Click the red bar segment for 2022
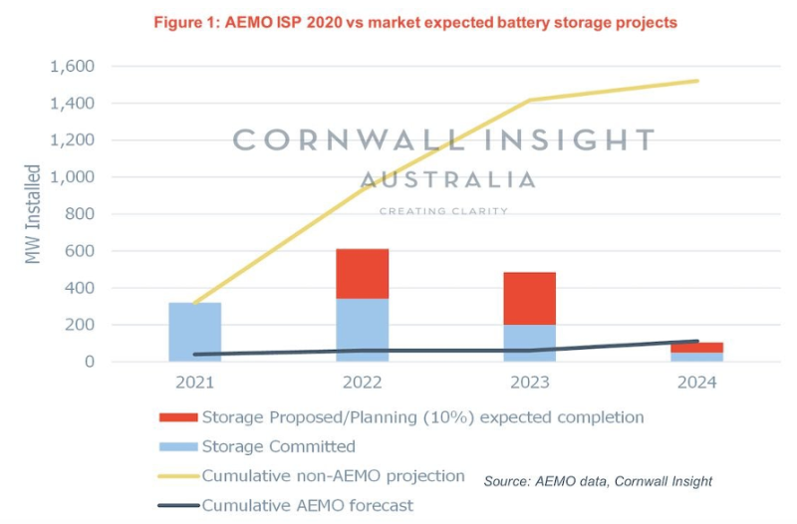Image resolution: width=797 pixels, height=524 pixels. click(x=362, y=274)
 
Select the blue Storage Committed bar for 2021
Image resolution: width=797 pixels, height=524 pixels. click(x=195, y=332)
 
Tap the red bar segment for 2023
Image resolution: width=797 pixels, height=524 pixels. click(x=529, y=298)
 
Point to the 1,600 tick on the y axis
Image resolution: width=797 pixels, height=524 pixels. click(x=74, y=67)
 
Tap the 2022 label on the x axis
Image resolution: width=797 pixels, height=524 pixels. click(x=363, y=383)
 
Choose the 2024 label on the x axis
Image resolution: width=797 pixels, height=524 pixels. click(x=696, y=383)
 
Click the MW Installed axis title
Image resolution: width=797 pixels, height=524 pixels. click(x=36, y=214)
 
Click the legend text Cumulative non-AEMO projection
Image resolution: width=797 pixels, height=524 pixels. click(x=334, y=476)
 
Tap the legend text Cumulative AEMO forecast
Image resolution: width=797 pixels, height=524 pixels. click(x=307, y=505)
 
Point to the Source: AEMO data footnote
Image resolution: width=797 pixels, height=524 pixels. click(x=598, y=481)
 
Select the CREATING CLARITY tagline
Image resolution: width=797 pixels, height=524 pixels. click(x=444, y=211)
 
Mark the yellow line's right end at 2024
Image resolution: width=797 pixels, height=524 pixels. click(x=697, y=82)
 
